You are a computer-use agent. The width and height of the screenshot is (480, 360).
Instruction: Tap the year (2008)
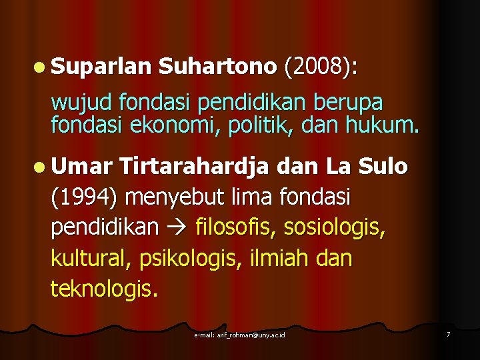coord(320,67)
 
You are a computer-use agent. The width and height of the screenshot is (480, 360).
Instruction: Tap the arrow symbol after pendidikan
coord(177,228)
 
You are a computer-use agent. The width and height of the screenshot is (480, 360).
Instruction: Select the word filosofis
coord(235,228)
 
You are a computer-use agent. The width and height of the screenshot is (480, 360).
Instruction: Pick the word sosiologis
coord(334,228)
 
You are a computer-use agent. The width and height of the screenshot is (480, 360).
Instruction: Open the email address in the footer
coord(239,334)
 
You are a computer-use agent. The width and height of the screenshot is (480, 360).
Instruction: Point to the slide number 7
coord(448,333)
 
